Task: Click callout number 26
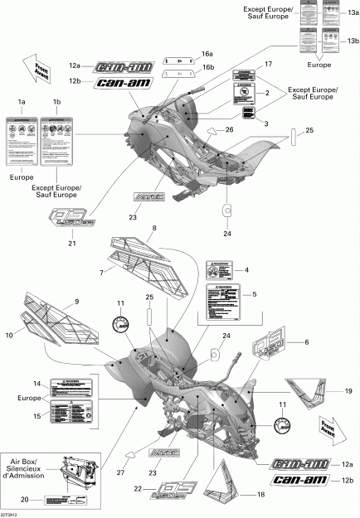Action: coord(230,129)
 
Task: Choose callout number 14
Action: coord(36,384)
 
